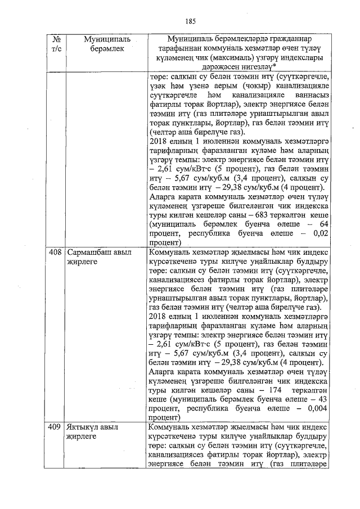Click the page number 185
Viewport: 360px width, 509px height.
pyautogui.click(x=190, y=21)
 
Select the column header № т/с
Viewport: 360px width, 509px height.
pyautogui.click(x=56, y=44)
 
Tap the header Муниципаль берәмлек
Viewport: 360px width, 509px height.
pyautogui.click(x=106, y=44)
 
